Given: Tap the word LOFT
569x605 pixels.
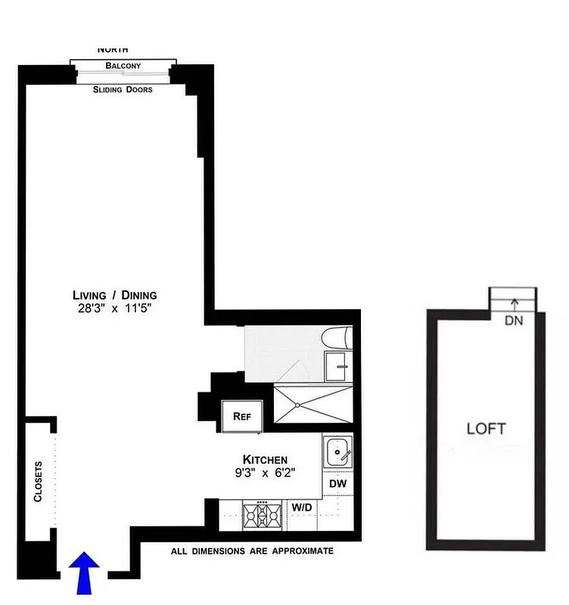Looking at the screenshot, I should pyautogui.click(x=486, y=429).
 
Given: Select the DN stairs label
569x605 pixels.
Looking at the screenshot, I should pyautogui.click(x=514, y=320).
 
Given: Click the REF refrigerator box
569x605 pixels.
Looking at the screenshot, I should pyautogui.click(x=241, y=415).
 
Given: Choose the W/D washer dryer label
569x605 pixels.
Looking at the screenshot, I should pyautogui.click(x=300, y=507).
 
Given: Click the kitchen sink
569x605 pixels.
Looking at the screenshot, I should pyautogui.click(x=337, y=452).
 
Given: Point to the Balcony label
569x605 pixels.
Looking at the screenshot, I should pyautogui.click(x=123, y=66).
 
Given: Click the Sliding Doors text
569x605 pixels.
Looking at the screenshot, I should pyautogui.click(x=123, y=89).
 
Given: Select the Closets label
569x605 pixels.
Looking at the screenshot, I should pyautogui.click(x=39, y=481).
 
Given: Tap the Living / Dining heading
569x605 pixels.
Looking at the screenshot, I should pyautogui.click(x=114, y=295).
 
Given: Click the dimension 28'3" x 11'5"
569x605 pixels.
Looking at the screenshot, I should pyautogui.click(x=114, y=308).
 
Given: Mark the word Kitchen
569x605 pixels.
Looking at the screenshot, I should pyautogui.click(x=264, y=459).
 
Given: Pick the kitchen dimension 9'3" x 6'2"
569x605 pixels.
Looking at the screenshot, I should pyautogui.click(x=264, y=473).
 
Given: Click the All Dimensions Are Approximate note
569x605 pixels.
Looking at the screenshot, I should pyautogui.click(x=252, y=551).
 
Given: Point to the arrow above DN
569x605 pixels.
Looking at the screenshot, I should pyautogui.click(x=514, y=304).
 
